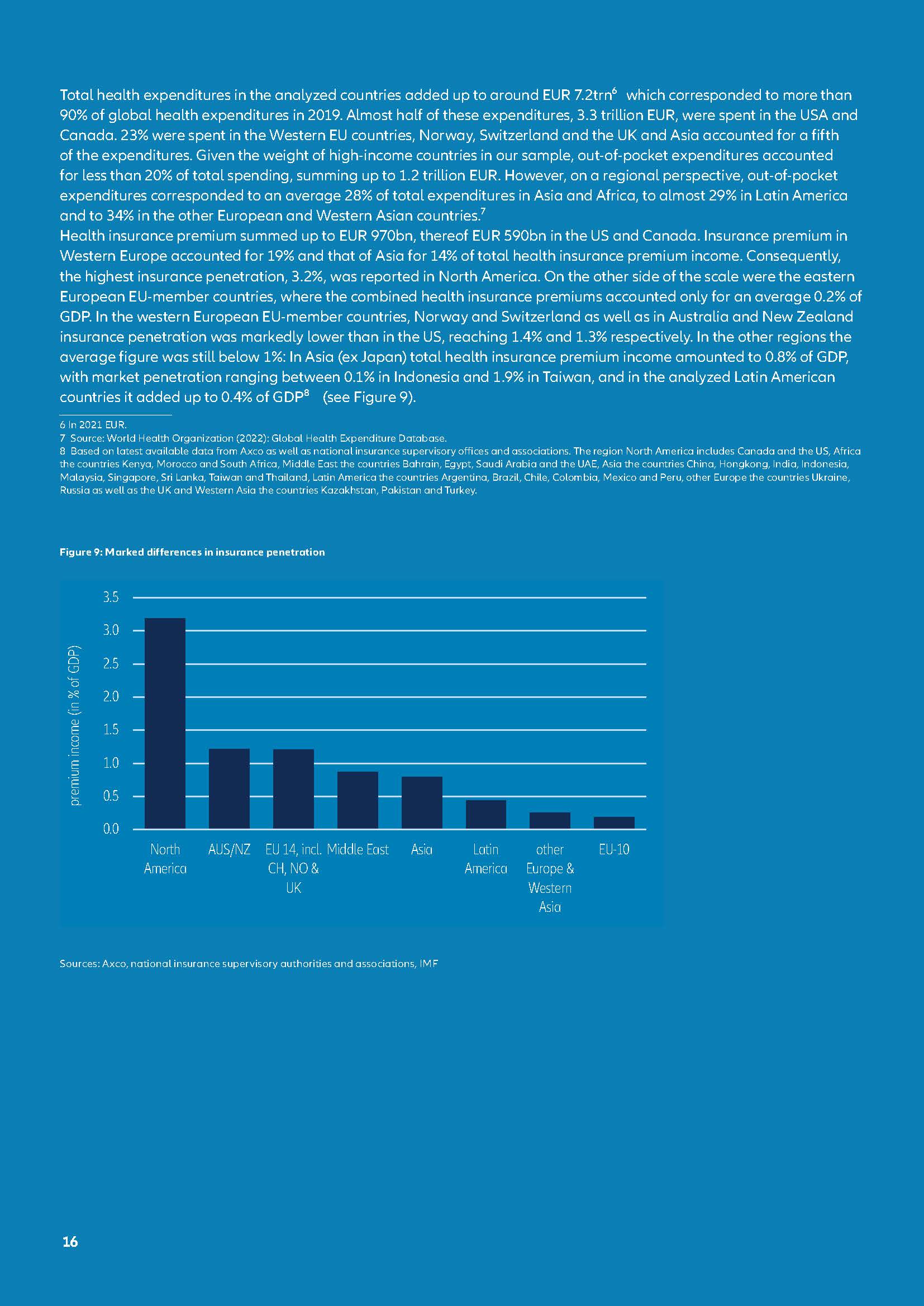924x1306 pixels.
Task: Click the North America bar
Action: pos(165,723)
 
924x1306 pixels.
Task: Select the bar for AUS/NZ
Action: pos(229,788)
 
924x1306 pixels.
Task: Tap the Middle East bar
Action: pos(358,800)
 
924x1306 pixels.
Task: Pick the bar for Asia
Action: pos(422,802)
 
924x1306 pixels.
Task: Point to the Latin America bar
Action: pos(486,814)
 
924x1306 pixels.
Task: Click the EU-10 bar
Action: pos(614,822)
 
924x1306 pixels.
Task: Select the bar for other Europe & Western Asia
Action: pos(550,820)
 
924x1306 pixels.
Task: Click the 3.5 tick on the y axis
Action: pos(111,597)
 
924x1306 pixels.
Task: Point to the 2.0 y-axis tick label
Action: pos(111,697)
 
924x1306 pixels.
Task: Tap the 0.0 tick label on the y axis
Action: pos(111,829)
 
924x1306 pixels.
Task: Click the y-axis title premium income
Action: pos(75,726)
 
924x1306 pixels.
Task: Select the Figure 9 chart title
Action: pos(192,552)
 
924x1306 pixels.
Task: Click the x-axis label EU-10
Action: pos(614,850)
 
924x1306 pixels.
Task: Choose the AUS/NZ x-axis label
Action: pos(229,850)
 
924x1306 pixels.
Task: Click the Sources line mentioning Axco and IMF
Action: pos(249,964)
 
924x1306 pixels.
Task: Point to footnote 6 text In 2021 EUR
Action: pos(93,425)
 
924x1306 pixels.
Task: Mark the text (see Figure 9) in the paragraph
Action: pos(369,397)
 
